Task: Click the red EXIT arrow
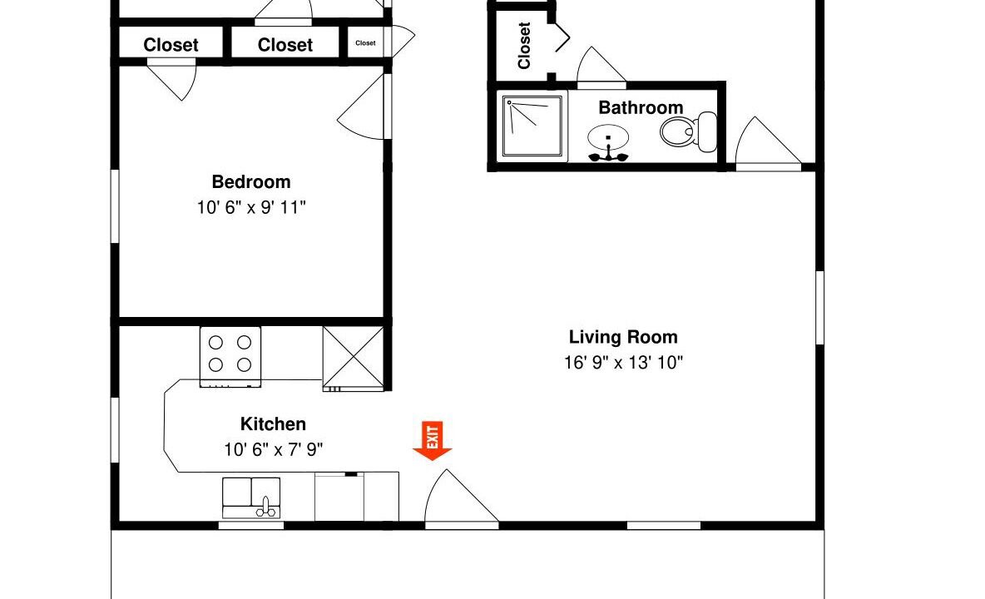tap(433, 440)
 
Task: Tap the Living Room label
tap(623, 337)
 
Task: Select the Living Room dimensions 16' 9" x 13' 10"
tap(623, 362)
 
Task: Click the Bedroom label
tap(251, 182)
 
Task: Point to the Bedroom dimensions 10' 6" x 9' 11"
tap(251, 207)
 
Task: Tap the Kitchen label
tap(273, 423)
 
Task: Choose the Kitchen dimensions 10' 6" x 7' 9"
tap(273, 449)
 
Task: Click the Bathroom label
tap(641, 107)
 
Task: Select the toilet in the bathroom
tap(689, 131)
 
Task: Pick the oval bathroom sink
tap(608, 137)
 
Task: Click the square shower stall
tap(532, 126)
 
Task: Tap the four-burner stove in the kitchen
tap(230, 356)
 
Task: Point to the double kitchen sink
tap(251, 498)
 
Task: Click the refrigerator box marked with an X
tap(354, 358)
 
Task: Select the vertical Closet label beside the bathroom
tap(525, 45)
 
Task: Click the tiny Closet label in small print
tap(365, 42)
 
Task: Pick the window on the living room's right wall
tap(819, 308)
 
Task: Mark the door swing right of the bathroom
tap(768, 143)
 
